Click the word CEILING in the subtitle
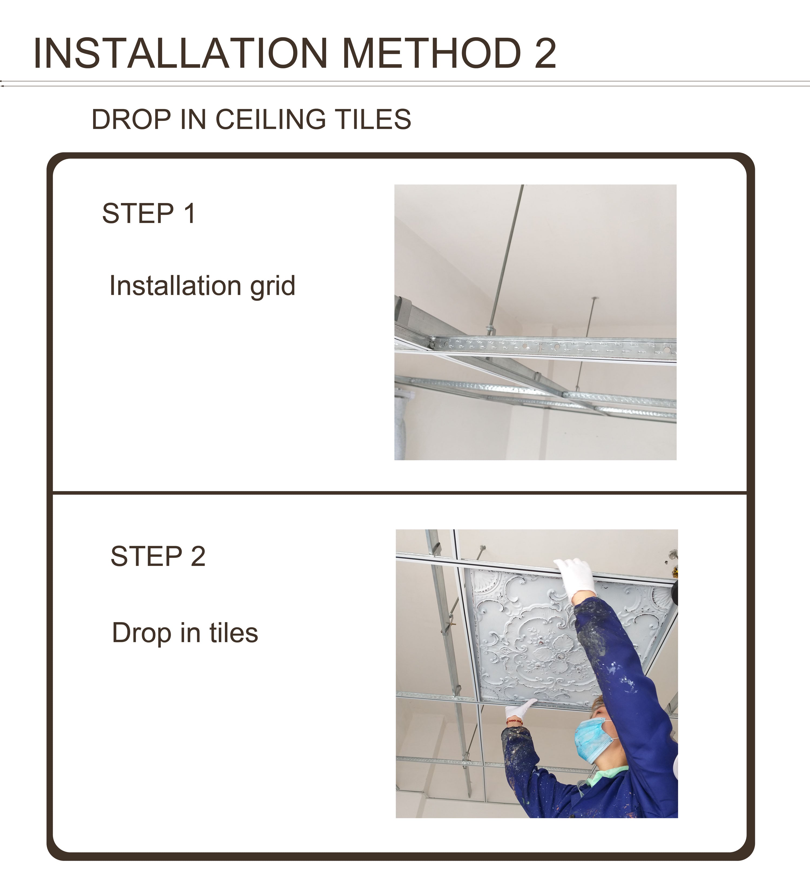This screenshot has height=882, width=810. (271, 119)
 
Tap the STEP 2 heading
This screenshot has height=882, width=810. (158, 556)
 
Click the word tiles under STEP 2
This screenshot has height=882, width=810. (234, 633)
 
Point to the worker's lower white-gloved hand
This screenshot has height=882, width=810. (519, 710)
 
